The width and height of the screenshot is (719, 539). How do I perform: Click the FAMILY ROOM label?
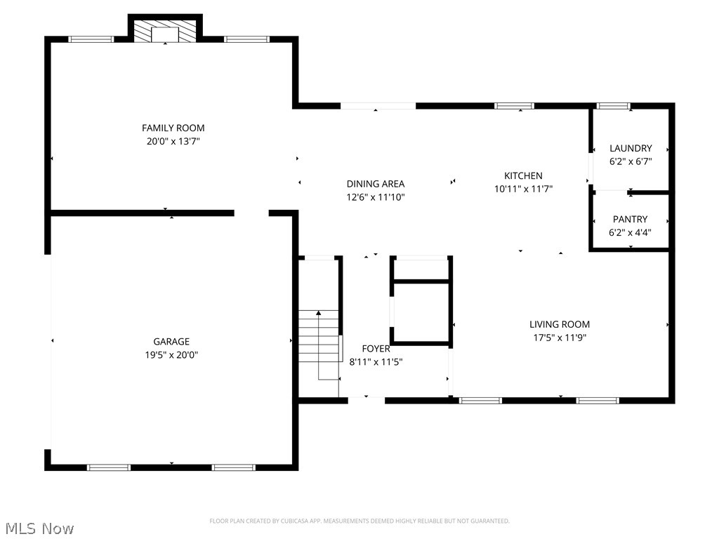pos(173,128)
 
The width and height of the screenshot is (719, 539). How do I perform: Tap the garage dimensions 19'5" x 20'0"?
pos(171,354)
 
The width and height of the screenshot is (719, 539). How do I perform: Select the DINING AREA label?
pos(376,185)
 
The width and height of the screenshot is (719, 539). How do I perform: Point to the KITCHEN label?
pos(523,176)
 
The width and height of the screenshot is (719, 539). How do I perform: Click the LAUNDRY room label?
pos(631,149)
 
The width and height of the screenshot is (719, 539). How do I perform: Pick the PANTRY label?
pos(630,220)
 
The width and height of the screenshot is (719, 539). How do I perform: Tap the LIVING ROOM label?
pos(560,324)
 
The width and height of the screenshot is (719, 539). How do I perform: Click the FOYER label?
pos(376,349)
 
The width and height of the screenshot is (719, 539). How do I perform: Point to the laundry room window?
pos(613,107)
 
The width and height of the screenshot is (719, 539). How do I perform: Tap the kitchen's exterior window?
pos(514,107)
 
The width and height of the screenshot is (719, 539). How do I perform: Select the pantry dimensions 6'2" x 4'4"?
pos(630,233)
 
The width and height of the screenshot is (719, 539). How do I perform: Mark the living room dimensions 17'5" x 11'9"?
pos(560,338)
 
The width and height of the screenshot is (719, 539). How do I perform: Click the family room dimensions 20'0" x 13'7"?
pos(173,142)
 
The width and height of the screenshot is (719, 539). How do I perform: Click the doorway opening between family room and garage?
pos(251,213)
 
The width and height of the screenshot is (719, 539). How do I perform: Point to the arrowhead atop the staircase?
pos(319,313)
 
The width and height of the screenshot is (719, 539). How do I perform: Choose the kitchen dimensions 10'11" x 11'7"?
pos(523,189)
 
